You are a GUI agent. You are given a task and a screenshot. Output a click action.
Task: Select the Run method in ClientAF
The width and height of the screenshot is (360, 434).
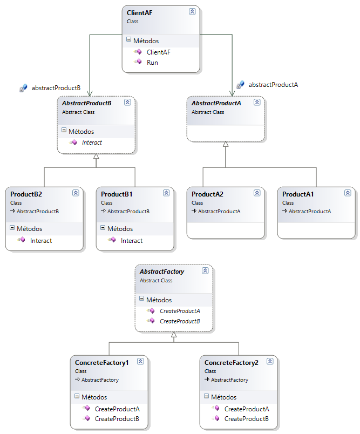(152, 63)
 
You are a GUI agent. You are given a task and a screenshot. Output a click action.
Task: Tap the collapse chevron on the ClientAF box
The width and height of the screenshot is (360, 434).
(192, 11)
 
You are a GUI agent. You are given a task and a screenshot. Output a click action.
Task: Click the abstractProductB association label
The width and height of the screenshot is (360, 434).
(56, 87)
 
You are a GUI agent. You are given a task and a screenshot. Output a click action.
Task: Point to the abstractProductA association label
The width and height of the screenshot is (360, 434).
(273, 85)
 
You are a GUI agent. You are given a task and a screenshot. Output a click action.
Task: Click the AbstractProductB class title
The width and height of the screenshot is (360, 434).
(86, 103)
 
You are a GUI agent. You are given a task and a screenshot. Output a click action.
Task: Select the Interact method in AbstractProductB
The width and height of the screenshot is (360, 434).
(92, 143)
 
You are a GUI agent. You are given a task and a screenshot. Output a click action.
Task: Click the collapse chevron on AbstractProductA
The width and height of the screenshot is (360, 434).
(257, 102)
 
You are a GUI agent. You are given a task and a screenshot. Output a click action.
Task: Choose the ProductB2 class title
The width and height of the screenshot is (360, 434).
(26, 194)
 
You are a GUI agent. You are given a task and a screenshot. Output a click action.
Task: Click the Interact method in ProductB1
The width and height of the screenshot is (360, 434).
(132, 241)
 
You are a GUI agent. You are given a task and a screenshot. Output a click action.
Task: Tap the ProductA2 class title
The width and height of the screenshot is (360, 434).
(207, 194)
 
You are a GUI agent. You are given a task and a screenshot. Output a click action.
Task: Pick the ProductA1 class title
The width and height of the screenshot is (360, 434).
(298, 194)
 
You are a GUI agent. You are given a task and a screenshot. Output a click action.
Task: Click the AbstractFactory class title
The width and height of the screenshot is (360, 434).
(162, 272)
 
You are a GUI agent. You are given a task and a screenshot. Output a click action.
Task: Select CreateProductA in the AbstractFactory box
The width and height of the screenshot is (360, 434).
(180, 311)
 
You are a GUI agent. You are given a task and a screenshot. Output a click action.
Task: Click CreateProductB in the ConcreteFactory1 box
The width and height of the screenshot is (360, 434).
(117, 419)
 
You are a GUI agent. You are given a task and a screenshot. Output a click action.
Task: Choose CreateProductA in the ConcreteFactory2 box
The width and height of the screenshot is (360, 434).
(247, 409)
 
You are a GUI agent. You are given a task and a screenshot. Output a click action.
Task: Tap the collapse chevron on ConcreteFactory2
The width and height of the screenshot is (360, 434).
(270, 362)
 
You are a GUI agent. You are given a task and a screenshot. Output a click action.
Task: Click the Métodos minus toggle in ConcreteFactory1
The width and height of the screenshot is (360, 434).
(77, 397)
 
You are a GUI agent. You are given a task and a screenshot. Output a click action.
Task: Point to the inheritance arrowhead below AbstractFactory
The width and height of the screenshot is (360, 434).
(173, 335)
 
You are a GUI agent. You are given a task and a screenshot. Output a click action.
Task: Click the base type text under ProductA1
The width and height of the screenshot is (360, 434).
(309, 212)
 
